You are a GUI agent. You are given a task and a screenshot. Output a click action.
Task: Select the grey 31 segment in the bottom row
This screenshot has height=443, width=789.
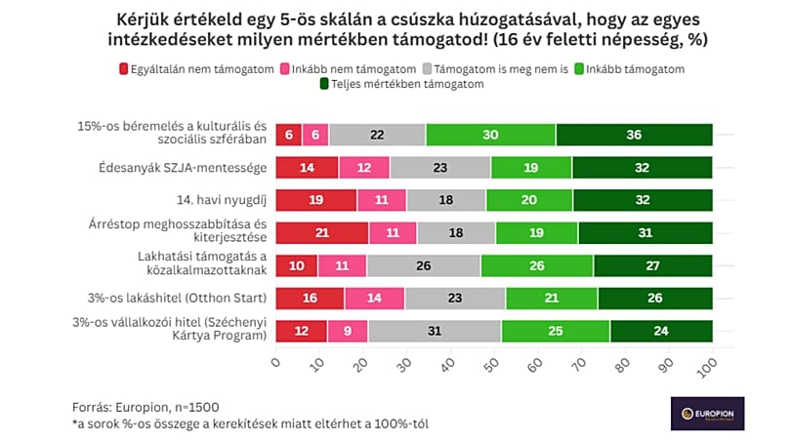[436, 332]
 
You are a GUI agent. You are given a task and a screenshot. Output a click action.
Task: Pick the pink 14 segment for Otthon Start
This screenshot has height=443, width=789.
[375, 299]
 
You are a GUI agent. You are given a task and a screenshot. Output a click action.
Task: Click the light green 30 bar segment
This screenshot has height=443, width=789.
[490, 135]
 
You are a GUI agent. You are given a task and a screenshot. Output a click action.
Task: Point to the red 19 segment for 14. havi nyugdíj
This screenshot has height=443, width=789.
[316, 200]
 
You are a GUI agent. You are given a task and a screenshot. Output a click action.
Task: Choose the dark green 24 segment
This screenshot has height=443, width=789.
[661, 332]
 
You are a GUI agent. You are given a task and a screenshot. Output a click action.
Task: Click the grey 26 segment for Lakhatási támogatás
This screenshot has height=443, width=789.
[424, 265]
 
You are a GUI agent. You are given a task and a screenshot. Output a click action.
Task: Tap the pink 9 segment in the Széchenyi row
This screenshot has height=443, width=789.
[348, 332]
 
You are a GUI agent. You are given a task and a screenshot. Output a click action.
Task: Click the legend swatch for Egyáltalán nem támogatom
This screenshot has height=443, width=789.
[124, 69]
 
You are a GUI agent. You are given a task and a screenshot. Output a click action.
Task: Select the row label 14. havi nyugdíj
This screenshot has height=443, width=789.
[223, 200]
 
